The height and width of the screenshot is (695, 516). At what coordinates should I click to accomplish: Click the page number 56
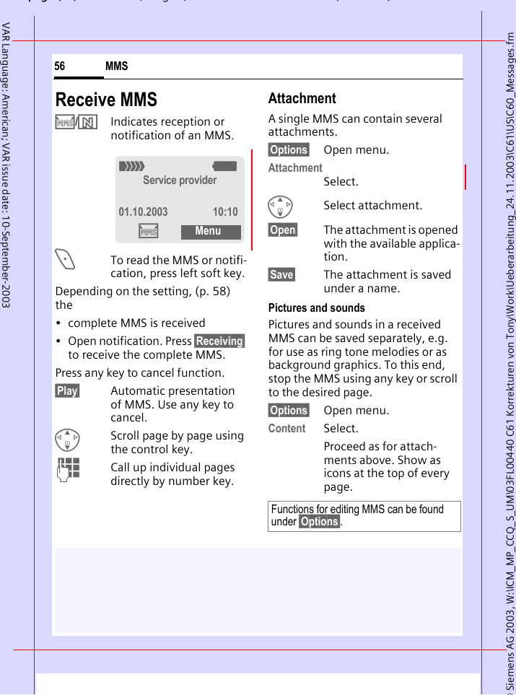point(60,66)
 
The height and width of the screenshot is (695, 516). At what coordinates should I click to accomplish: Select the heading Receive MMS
point(106,100)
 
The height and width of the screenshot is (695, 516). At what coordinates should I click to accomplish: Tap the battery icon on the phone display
point(224,166)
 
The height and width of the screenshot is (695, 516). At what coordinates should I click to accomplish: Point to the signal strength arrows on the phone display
point(132,166)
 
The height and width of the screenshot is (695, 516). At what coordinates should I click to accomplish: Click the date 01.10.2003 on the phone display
point(143,211)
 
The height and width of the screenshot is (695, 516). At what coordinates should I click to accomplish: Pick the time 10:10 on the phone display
point(224,211)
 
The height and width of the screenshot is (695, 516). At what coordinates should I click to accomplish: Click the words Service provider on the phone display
point(180,180)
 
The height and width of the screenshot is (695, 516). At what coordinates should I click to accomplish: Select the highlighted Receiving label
point(219,341)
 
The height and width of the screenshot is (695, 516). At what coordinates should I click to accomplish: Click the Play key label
point(67,390)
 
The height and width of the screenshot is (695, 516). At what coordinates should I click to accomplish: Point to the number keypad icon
point(69,470)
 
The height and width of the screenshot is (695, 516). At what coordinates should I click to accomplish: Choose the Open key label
point(283,230)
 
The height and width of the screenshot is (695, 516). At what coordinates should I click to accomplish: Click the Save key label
point(281,274)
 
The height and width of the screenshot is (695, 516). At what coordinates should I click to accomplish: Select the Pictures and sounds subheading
point(316,307)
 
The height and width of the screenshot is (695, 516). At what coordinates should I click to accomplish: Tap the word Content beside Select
point(287,428)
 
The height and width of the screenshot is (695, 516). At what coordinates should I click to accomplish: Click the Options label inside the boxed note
point(319,522)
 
